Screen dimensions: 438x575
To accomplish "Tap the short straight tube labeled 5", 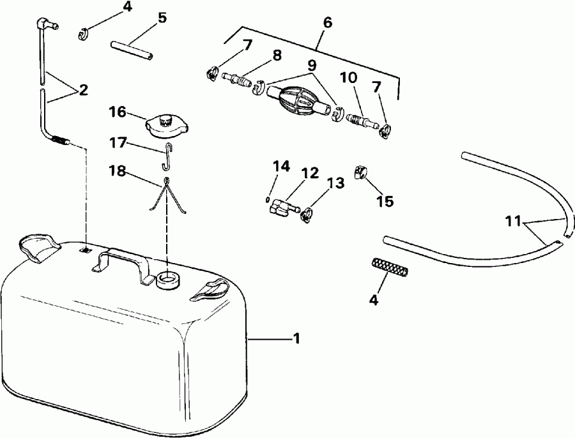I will (x=133, y=51).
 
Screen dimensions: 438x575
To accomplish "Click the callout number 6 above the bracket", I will (x=327, y=23).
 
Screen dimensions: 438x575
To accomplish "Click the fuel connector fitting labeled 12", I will (x=283, y=207).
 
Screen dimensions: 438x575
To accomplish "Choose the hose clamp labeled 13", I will (x=307, y=215).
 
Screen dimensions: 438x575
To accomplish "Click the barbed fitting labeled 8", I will (x=238, y=82).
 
